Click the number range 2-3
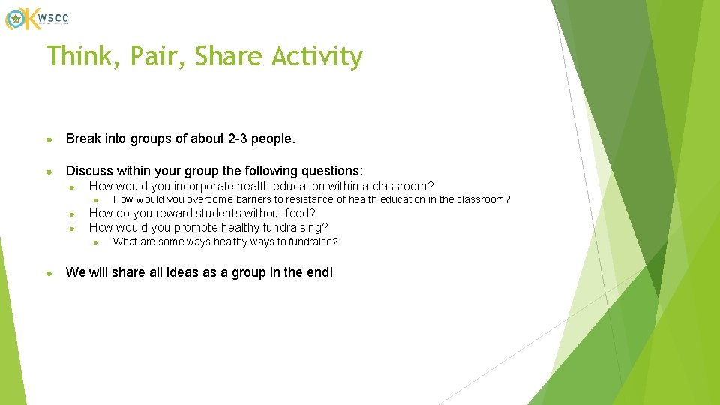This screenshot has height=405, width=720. (x=231, y=139)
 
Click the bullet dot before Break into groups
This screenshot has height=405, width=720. (x=49, y=139)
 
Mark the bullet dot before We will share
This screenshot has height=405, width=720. (x=49, y=273)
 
